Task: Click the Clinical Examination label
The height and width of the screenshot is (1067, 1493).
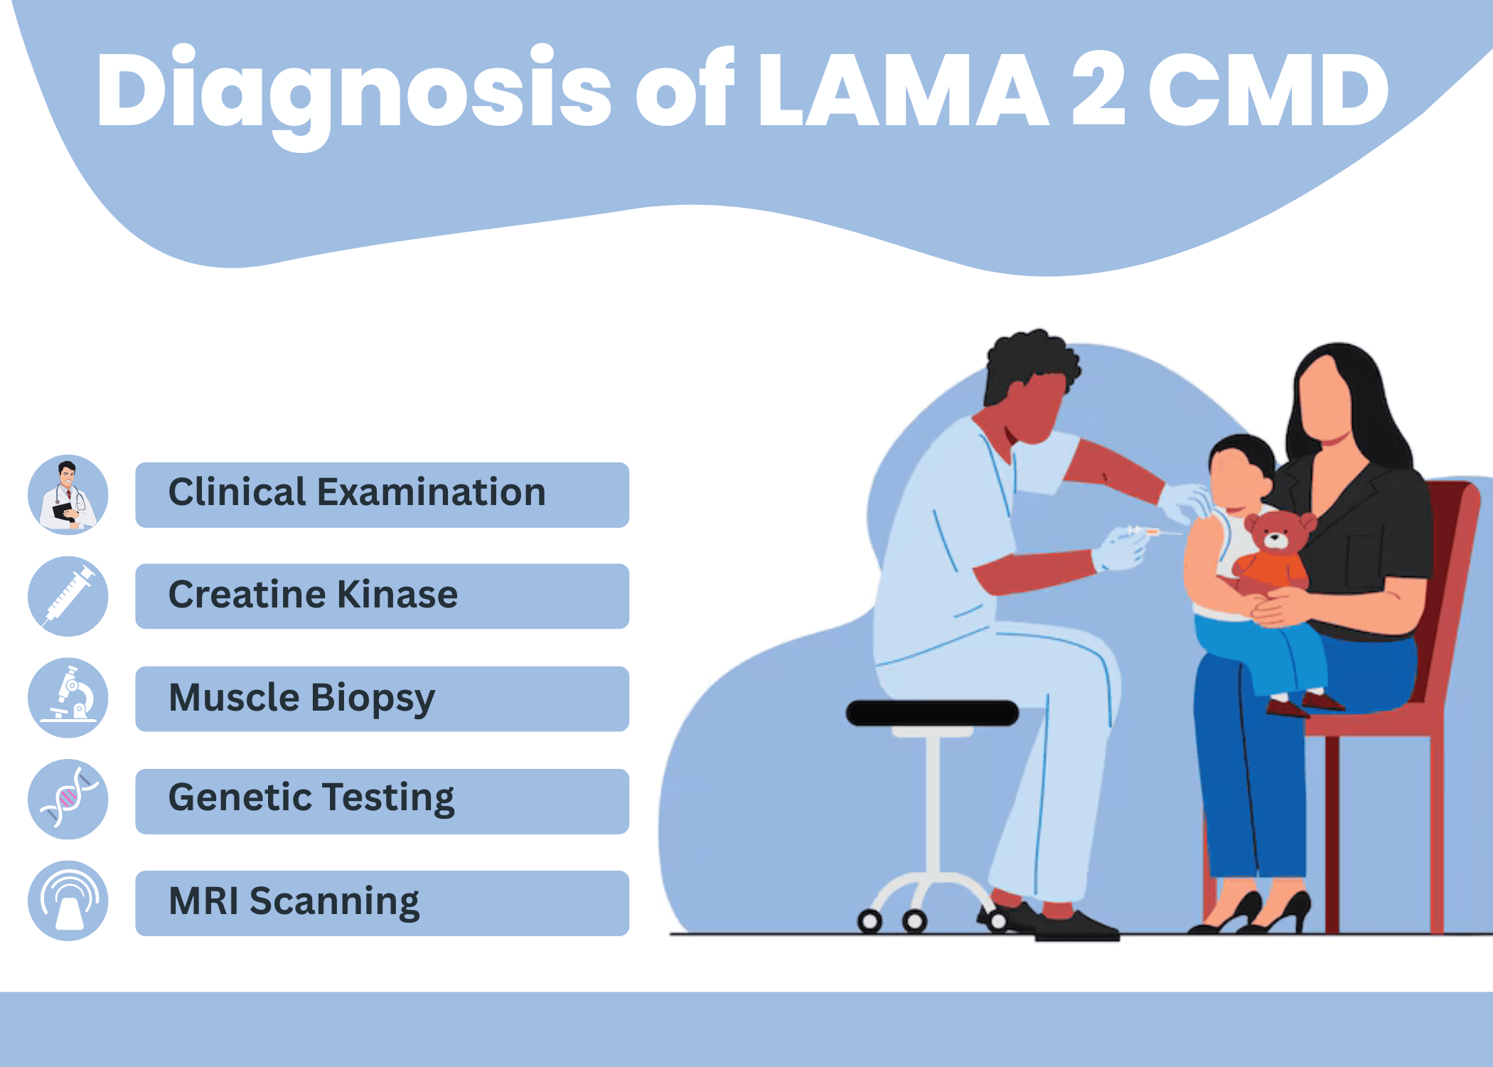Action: coord(357,492)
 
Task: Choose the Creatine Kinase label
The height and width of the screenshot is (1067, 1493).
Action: coord(313,595)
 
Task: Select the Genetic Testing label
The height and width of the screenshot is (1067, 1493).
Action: coord(311,798)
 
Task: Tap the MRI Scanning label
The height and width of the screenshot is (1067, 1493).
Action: coord(294,902)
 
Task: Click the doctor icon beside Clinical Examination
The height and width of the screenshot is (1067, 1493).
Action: coord(68,494)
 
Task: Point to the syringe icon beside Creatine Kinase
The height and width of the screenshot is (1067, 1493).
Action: coord(68,596)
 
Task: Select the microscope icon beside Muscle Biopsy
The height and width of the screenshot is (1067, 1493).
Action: coord(68,698)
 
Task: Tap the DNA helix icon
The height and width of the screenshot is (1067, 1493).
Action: coord(68,799)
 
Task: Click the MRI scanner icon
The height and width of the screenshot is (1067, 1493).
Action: coord(68,901)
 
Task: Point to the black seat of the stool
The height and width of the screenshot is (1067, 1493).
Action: coord(932,713)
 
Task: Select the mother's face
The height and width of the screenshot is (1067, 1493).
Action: coord(1325,398)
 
